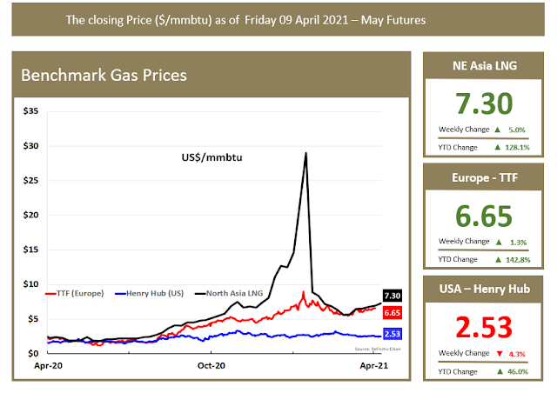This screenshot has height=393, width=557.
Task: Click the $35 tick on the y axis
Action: coord(30,111)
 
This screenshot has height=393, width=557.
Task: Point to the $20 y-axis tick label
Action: coord(30,215)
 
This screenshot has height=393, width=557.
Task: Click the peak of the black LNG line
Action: coord(305,153)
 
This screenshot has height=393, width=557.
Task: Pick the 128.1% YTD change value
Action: coord(516,148)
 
